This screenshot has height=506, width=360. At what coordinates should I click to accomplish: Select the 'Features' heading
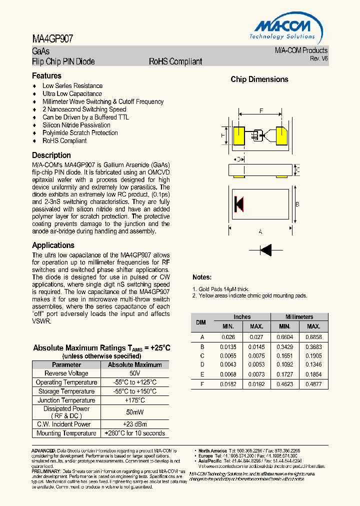pyautogui.click(x=46, y=76)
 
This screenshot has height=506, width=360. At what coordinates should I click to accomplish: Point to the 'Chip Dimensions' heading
pyautogui.click(x=259, y=79)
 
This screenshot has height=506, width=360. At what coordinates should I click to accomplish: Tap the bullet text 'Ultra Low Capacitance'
pyautogui.click(x=72, y=93)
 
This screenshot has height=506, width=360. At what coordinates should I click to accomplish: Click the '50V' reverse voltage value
pyautogui.click(x=134, y=373)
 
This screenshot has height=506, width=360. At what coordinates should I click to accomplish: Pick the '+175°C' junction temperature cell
pyautogui.click(x=134, y=400)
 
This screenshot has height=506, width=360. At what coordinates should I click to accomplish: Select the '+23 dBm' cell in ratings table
pyautogui.click(x=134, y=424)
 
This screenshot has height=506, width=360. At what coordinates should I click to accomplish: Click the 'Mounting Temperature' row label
pyautogui.click(x=66, y=433)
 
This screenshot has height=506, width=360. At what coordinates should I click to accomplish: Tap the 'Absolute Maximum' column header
pyautogui.click(x=134, y=365)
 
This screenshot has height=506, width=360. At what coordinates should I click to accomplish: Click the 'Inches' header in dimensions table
pyautogui.click(x=242, y=317)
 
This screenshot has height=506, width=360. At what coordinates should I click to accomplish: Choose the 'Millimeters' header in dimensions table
pyautogui.click(x=299, y=317)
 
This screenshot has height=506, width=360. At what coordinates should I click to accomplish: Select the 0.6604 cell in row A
pyautogui.click(x=285, y=337)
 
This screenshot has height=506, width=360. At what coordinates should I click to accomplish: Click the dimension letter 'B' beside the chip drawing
pyautogui.click(x=297, y=204)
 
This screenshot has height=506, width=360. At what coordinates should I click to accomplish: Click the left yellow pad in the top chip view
pyautogui.click(x=238, y=136)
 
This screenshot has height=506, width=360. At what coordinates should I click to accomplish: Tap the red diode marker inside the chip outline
pyautogui.click(x=238, y=203)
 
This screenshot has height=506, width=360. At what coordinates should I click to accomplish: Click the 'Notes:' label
pyautogui.click(x=202, y=277)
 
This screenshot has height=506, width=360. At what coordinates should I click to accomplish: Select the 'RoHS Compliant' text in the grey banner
pyautogui.click(x=175, y=61)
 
